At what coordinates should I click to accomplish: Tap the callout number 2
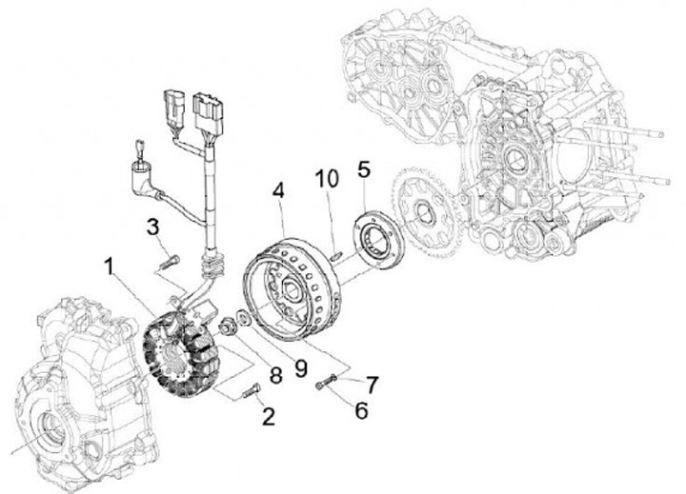270,415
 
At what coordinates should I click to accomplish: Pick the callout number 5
364,171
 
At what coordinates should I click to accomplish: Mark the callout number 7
372,385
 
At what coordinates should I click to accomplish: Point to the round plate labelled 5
379,238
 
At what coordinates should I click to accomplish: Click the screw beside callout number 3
170,257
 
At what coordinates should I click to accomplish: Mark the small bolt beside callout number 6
323,383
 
